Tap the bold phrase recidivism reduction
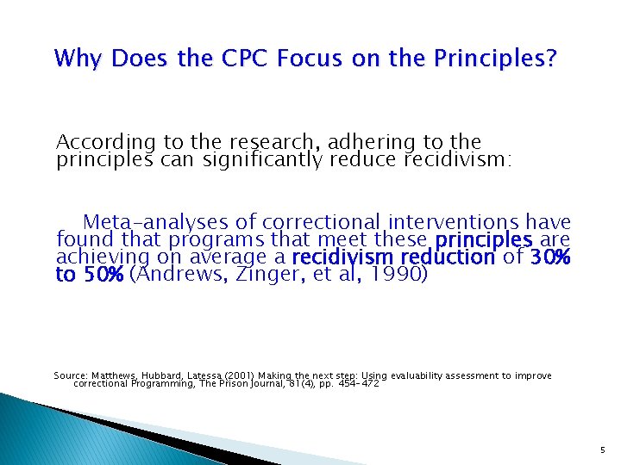pyautogui.click(x=393, y=257)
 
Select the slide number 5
pyautogui.click(x=601, y=448)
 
